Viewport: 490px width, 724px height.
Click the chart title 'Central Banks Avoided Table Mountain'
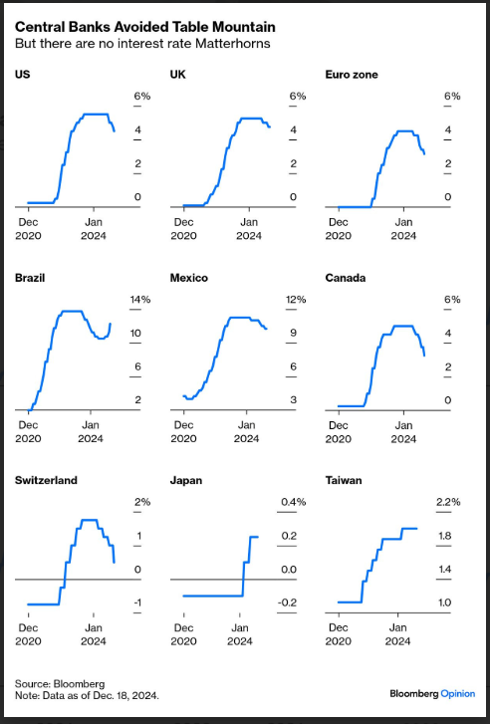(145, 27)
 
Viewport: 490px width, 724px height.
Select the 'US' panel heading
(22, 75)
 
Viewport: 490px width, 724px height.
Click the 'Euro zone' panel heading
(352, 75)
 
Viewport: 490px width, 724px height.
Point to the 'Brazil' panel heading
(30, 278)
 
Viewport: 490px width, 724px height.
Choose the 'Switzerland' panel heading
(46, 480)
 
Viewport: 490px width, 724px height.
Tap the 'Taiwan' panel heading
(344, 480)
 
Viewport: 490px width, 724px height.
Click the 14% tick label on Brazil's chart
(140, 299)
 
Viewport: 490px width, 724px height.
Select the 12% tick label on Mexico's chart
(296, 299)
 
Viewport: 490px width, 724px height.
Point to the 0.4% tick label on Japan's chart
(293, 502)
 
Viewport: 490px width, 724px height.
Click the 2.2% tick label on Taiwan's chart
(448, 502)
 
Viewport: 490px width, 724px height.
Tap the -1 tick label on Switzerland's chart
(137, 603)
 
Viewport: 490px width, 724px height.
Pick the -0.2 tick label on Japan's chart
(287, 603)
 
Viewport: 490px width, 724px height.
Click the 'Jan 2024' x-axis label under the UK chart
(249, 229)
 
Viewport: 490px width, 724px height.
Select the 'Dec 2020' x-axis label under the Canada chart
(338, 432)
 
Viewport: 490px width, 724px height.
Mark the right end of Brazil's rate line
(110, 324)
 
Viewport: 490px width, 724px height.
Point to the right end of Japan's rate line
(257, 537)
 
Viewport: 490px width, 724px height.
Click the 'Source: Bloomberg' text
(60, 684)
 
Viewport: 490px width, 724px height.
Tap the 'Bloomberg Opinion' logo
(432, 693)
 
